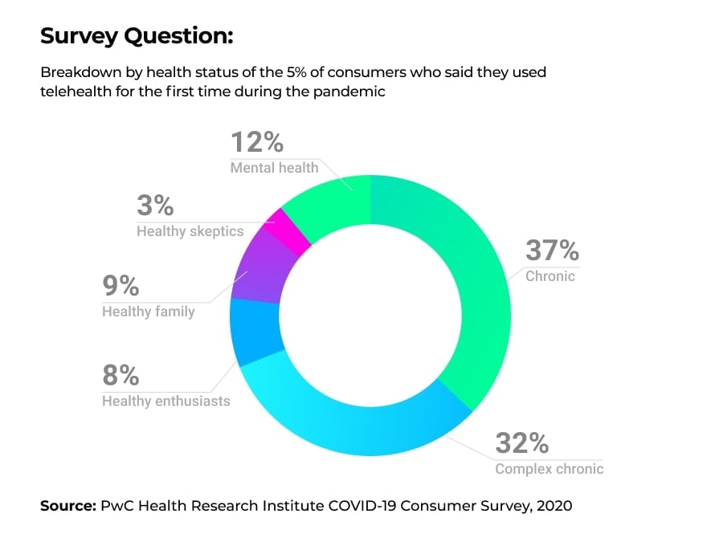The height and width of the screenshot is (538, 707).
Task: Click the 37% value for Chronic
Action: pyautogui.click(x=552, y=251)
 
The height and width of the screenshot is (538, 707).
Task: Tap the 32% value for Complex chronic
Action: pyautogui.click(x=521, y=443)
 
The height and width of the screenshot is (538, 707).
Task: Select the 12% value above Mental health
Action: pyautogui.click(x=257, y=142)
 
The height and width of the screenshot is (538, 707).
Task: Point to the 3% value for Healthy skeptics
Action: pyautogui.click(x=155, y=206)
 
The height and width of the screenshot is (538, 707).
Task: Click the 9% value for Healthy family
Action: pyautogui.click(x=121, y=286)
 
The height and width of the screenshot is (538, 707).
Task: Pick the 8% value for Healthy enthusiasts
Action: pyautogui.click(x=121, y=375)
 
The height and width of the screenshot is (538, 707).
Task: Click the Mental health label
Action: pyautogui.click(x=274, y=168)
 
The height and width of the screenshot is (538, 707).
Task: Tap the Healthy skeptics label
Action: pyautogui.click(x=190, y=231)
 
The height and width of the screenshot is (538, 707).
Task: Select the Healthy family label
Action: pyautogui.click(x=148, y=311)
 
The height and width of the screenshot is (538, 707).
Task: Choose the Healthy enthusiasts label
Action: pyautogui.click(x=166, y=400)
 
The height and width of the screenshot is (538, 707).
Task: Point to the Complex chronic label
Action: pyautogui.click(x=549, y=469)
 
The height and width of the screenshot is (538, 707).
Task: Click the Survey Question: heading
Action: pyautogui.click(x=137, y=36)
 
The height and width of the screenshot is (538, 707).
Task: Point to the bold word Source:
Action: pyautogui.click(x=67, y=506)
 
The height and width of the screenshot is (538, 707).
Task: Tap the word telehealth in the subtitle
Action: pyautogui.click(x=76, y=92)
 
